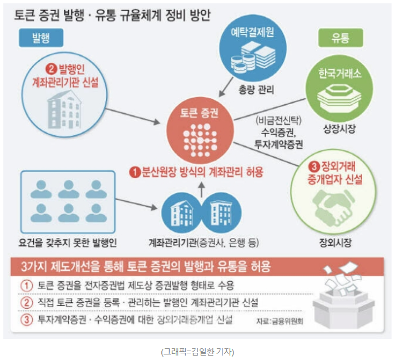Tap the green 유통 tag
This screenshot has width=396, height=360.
click(340, 37)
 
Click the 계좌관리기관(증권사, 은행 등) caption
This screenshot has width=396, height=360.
click(204, 242)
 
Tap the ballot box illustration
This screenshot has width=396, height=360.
click(344, 300)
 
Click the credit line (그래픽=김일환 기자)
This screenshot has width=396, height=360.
click(197, 351)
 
